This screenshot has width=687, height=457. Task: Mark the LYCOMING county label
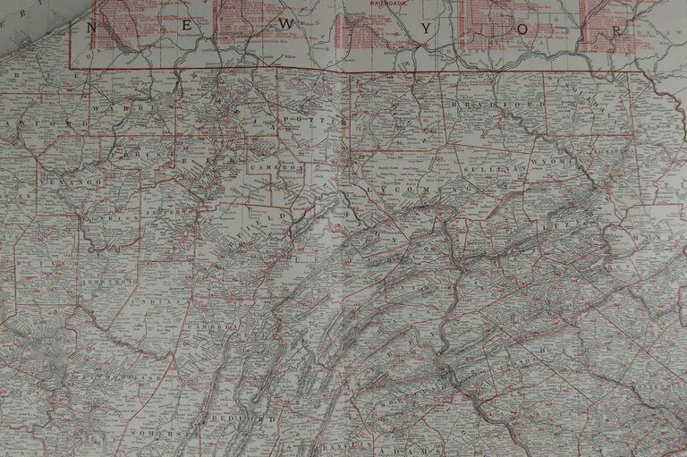pos(416,190)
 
